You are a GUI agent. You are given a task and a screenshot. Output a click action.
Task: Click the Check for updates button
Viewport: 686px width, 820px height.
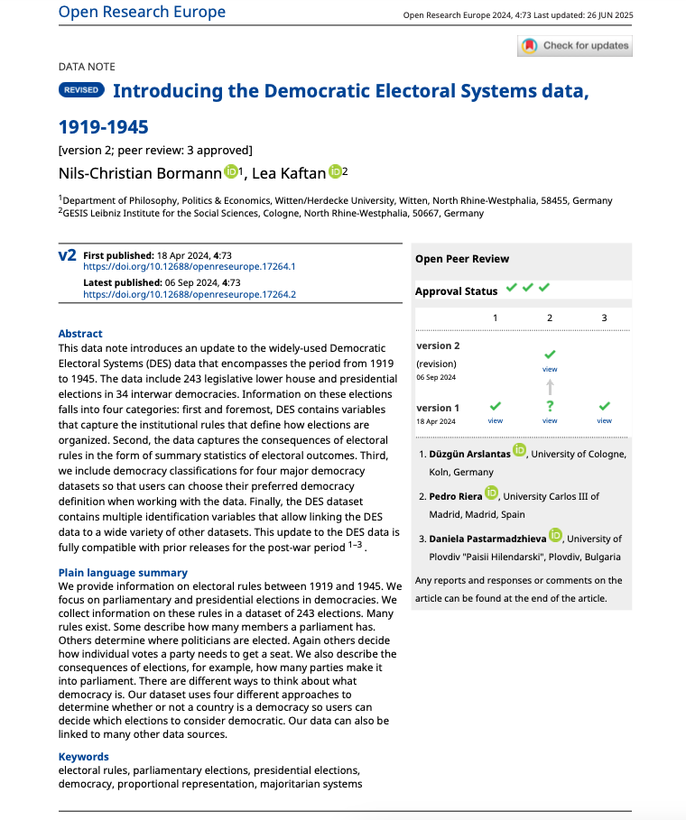[574, 46]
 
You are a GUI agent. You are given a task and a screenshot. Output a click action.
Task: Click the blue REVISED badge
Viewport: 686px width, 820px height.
[81, 90]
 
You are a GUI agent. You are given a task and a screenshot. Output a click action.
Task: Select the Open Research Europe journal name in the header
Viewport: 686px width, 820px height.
[142, 12]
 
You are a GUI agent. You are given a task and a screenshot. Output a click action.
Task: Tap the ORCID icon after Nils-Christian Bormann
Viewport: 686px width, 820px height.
[230, 170]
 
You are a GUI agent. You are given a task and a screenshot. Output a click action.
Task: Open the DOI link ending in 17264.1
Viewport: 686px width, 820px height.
[190, 267]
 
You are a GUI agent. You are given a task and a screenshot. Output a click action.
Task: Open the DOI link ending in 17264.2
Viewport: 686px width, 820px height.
[190, 294]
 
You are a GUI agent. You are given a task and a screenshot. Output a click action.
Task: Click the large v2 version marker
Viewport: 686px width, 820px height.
[68, 256]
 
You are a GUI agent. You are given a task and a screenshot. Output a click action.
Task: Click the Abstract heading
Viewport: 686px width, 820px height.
[80, 334]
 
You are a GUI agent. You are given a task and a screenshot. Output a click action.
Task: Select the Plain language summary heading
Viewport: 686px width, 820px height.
[123, 573]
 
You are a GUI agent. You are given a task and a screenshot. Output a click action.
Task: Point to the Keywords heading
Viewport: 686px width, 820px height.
[83, 757]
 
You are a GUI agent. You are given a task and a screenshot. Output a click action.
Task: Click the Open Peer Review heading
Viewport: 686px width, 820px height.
[462, 259]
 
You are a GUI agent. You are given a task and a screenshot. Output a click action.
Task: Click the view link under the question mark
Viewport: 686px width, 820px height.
[550, 420]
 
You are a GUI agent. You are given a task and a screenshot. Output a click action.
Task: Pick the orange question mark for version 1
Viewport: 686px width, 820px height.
[550, 406]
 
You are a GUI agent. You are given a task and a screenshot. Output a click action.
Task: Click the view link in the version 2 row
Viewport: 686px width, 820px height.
[550, 369]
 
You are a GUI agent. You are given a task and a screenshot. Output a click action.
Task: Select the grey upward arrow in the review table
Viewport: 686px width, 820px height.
[550, 387]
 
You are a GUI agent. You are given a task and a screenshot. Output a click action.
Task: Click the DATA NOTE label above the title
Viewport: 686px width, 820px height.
[87, 67]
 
